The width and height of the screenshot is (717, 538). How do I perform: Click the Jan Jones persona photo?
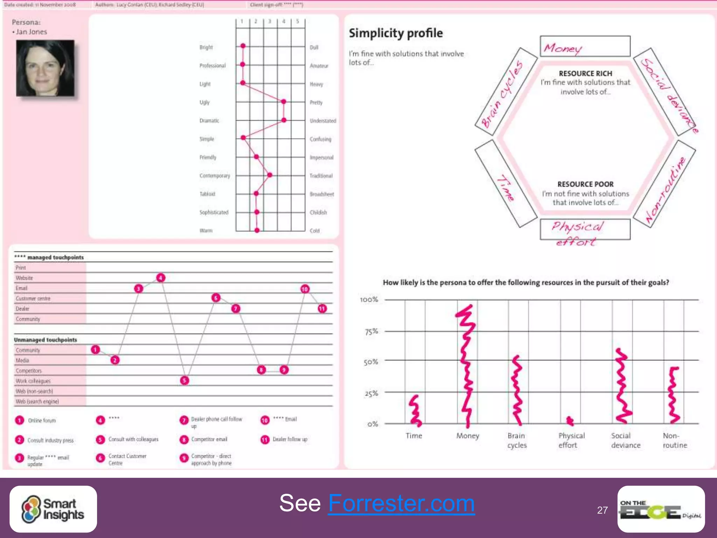point(45,68)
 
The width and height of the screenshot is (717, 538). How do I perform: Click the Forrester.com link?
point(401,503)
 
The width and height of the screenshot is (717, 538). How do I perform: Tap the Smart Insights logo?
point(53,509)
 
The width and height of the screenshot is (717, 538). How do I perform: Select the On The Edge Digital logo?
point(661,509)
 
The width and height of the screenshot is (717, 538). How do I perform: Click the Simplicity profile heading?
point(396,33)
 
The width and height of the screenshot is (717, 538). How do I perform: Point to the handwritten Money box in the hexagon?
point(585,47)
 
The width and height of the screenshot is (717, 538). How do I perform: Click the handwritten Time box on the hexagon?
point(506,184)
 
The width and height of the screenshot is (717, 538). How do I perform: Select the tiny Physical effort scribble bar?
point(570,421)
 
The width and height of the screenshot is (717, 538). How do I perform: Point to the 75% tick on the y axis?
point(371,331)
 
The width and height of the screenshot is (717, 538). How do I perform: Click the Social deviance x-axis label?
point(626,440)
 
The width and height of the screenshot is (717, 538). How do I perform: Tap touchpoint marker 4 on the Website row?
point(161,278)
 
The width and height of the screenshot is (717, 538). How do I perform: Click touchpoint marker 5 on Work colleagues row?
point(185,380)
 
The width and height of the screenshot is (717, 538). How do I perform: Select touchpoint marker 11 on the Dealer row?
point(322,309)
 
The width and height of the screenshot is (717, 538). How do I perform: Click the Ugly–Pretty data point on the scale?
point(284,102)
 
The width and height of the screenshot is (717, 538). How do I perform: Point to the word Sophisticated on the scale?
point(214,212)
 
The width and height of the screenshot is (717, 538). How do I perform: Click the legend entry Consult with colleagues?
point(133,439)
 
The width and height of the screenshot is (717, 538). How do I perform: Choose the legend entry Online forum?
point(42,420)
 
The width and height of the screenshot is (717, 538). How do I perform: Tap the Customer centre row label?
point(33,298)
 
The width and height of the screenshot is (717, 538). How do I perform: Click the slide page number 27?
point(602,510)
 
